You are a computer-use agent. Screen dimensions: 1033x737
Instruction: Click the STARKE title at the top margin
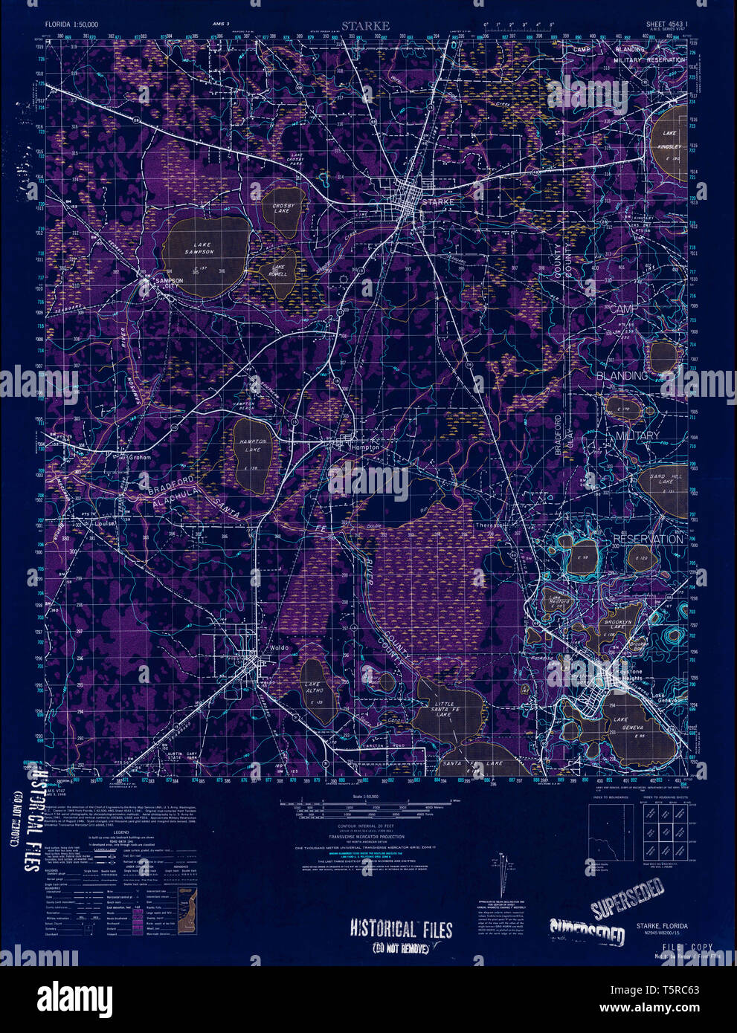tap(365, 26)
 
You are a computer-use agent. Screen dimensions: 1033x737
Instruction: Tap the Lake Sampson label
tap(199, 248)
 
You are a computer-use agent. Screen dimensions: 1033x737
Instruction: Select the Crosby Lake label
tap(283, 209)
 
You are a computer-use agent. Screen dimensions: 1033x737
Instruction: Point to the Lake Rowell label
tap(279, 271)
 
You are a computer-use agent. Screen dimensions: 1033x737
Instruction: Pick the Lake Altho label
tap(313, 693)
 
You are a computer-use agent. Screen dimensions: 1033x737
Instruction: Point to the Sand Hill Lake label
tap(660, 479)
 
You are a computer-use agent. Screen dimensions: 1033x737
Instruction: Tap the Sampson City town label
tap(168, 283)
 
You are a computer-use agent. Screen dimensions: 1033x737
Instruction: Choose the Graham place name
tap(140, 458)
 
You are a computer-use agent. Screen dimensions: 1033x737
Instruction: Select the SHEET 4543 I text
tap(665, 25)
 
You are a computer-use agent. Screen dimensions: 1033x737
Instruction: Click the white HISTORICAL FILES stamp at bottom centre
tap(402, 929)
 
